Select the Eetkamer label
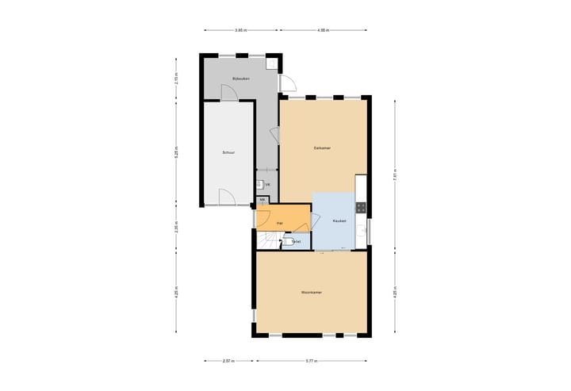pos(321,148)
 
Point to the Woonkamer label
pos(311,293)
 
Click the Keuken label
pos(339,221)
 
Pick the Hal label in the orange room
pos(280,224)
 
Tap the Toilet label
pos(296,241)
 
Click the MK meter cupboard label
pos(262,200)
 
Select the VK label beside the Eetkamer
pos(268,185)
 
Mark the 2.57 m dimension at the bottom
pos(228,361)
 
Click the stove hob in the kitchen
pos(361,208)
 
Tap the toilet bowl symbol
pos(286,240)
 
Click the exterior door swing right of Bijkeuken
pos(289,82)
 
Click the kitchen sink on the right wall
pos(362,231)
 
